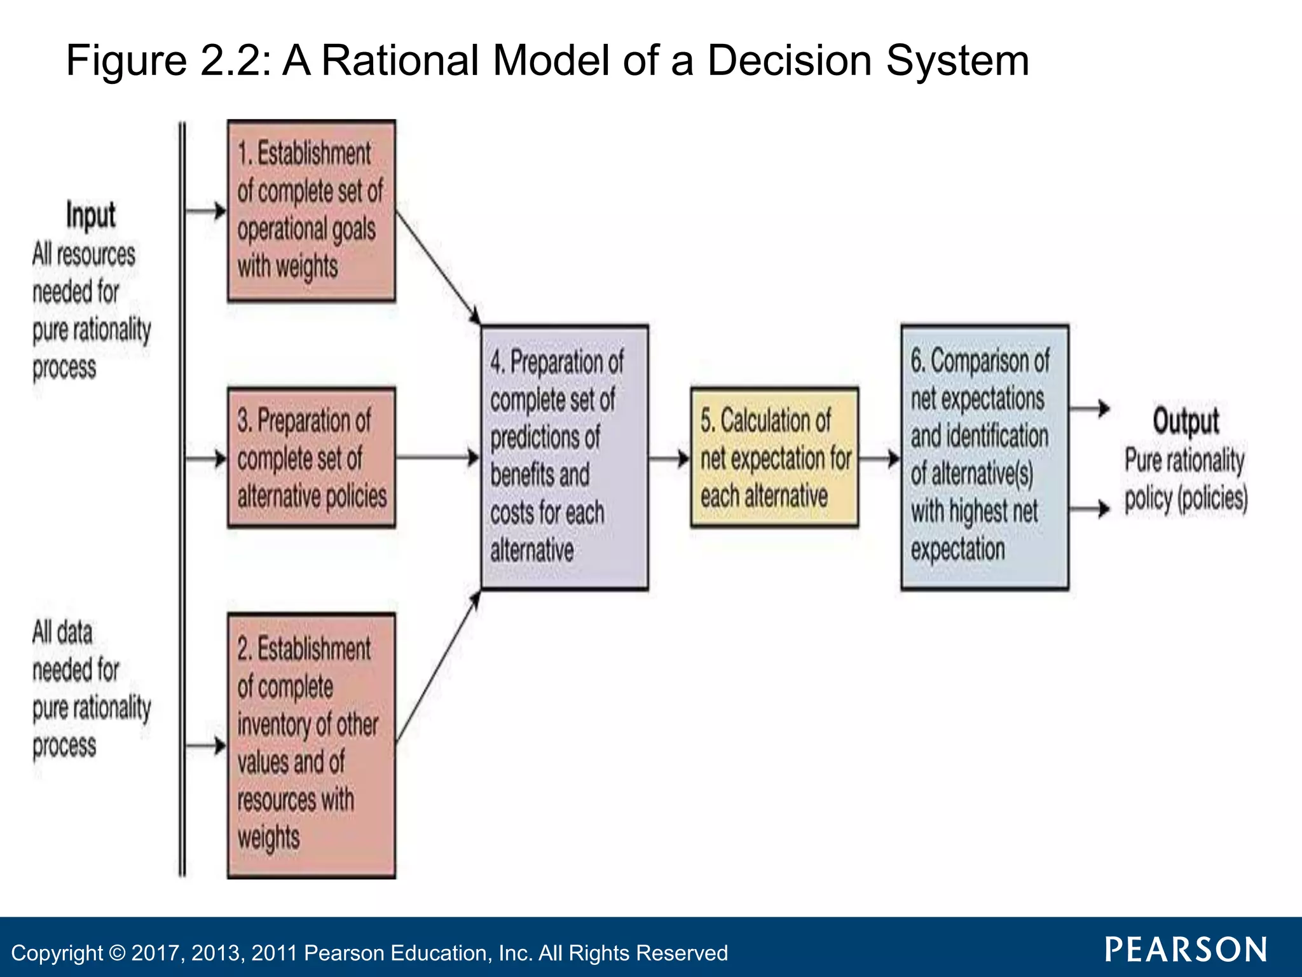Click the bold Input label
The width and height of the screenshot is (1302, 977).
[x=91, y=215]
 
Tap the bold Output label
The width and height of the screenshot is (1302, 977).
[x=1186, y=420]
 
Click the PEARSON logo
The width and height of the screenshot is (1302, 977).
[x=1186, y=950]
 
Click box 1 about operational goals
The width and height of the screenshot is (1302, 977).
[x=311, y=210]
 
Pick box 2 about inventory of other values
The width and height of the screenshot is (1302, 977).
[x=311, y=745]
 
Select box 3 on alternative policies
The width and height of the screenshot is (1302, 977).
[x=311, y=458]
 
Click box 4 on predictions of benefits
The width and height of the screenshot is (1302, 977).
[x=565, y=457]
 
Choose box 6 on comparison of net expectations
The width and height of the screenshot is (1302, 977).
[x=984, y=457]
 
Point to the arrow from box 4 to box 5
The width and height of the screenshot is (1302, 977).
[x=669, y=458]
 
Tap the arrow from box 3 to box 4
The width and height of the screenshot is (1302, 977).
[x=438, y=457]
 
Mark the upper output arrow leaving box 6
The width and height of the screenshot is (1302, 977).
[x=1090, y=408]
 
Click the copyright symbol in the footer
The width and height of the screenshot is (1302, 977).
[x=117, y=953]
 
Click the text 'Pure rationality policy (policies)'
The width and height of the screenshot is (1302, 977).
[x=1186, y=478]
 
